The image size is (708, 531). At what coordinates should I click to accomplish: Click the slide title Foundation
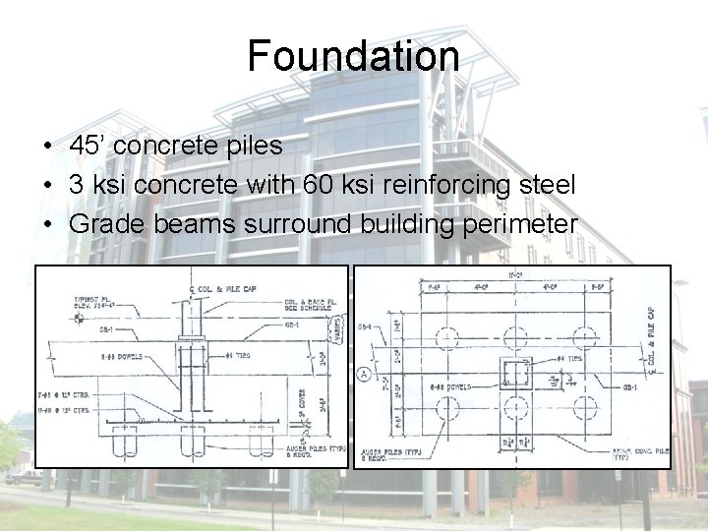[353, 56]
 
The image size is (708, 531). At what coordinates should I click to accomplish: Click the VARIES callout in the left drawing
[337, 323]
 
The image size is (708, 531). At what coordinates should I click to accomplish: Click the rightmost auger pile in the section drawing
[262, 444]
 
